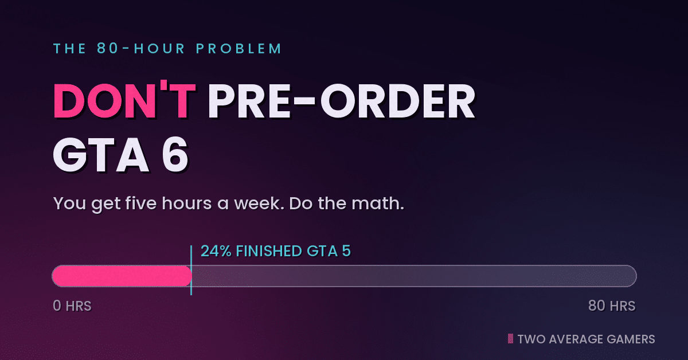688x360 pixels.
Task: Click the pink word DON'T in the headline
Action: (124, 100)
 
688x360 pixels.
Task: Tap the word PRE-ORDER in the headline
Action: (342, 101)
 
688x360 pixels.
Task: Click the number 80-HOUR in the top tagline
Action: (141, 48)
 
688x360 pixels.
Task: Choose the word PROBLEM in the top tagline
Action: (239, 48)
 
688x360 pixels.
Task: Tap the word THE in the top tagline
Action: (69, 49)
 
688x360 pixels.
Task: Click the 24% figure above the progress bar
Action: (216, 251)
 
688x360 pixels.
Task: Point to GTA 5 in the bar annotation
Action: (329, 251)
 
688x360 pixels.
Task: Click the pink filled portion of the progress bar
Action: (122, 276)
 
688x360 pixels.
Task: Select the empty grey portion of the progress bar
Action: (414, 276)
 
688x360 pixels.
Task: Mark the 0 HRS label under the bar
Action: (72, 306)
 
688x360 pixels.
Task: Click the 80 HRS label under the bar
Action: (612, 306)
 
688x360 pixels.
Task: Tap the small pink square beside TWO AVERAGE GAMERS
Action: (510, 338)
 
